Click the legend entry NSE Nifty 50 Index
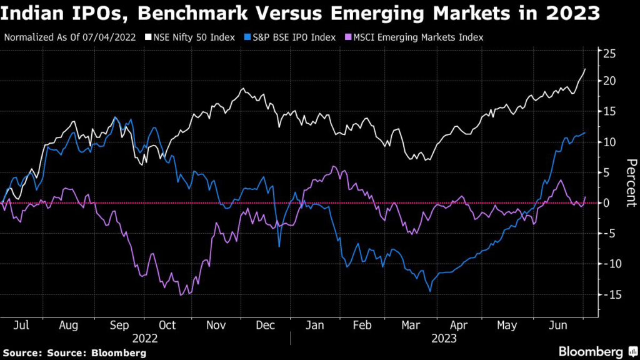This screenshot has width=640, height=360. click(191, 37)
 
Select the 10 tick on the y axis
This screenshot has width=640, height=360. click(609, 142)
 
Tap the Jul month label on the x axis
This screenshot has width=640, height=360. click(22, 326)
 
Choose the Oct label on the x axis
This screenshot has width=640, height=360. click(168, 326)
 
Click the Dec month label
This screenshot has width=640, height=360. click(266, 326)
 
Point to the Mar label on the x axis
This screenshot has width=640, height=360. click(411, 326)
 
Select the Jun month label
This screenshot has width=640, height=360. click(558, 326)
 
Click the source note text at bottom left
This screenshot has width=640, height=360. click(76, 353)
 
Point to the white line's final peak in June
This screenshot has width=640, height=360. click(585, 69)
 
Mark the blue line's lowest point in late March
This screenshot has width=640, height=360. click(430, 291)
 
